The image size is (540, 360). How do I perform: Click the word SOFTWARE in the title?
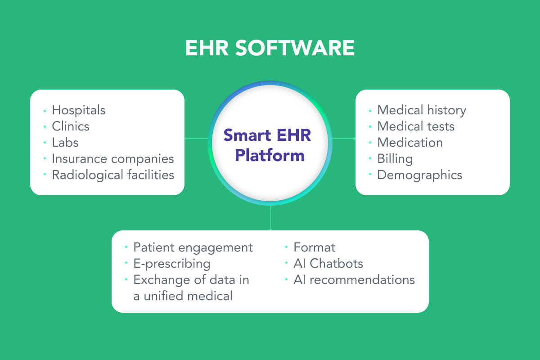pyautogui.click(x=295, y=48)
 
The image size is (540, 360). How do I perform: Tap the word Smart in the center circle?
pyautogui.click(x=247, y=135)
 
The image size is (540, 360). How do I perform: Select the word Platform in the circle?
pyautogui.click(x=270, y=156)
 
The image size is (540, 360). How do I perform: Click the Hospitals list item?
pyautogui.click(x=79, y=110)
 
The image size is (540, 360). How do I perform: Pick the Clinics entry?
pyautogui.click(x=71, y=126)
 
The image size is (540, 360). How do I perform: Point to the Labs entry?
pyautogui.click(x=65, y=142)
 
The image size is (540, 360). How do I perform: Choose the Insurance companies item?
pyautogui.click(x=113, y=159)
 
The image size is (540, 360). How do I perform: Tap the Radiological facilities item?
pyautogui.click(x=113, y=175)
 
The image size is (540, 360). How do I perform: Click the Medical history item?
pyautogui.click(x=422, y=110)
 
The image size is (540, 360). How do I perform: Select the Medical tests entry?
pyautogui.click(x=416, y=126)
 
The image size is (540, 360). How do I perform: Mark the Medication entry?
pyautogui.click(x=410, y=143)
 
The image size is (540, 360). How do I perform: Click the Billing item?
pyautogui.click(x=395, y=159)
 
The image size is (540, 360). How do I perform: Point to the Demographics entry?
pyautogui.click(x=420, y=175)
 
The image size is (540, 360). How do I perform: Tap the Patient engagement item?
pyautogui.click(x=193, y=247)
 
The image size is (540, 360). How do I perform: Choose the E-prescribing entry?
pyautogui.click(x=172, y=264)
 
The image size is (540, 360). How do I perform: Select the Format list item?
pyautogui.click(x=315, y=247)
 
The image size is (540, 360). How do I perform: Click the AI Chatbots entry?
pyautogui.click(x=328, y=263)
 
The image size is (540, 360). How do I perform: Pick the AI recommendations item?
pyautogui.click(x=354, y=280)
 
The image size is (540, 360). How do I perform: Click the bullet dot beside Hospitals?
pyautogui.click(x=45, y=111)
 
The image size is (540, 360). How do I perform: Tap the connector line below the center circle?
pyautogui.click(x=270, y=218)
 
